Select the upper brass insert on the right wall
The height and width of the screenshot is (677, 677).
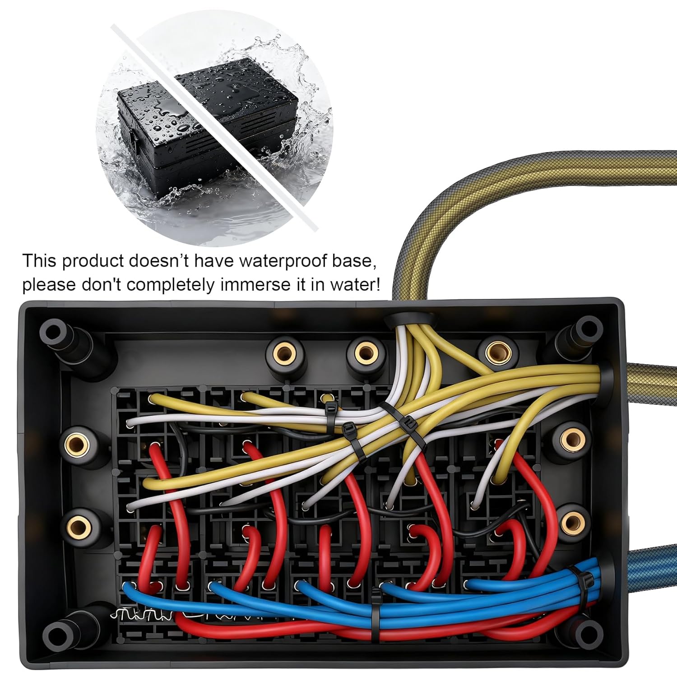(x=571, y=438)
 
